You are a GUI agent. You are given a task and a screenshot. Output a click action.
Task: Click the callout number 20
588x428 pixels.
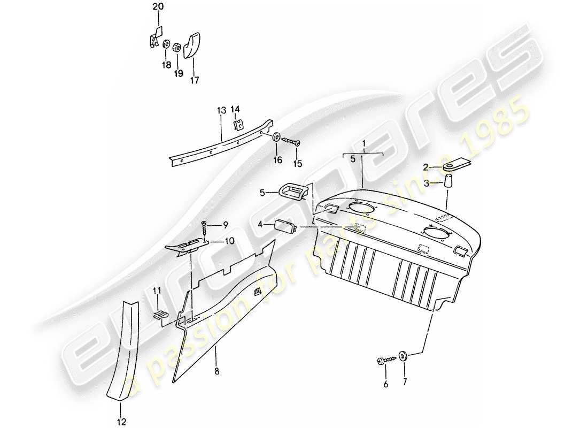tap(159, 6)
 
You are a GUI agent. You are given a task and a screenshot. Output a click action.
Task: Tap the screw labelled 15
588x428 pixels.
tap(291, 141)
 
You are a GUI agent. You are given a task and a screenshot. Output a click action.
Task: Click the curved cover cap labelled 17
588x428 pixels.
tap(192, 44)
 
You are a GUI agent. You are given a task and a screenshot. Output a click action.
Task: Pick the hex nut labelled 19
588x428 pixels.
tap(176, 47)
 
